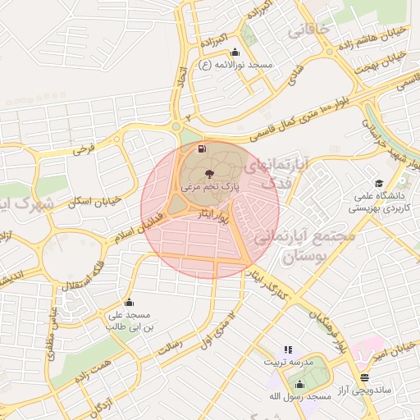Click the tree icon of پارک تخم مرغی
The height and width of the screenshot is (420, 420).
210,174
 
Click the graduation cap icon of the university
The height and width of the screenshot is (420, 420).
378,183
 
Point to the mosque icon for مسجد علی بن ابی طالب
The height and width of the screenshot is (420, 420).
128,303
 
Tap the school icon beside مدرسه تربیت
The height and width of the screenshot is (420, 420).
288,349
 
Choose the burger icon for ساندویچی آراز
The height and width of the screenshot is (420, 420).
364,377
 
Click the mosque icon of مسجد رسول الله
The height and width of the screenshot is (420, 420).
299,384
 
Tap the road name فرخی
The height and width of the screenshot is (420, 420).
84,149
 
